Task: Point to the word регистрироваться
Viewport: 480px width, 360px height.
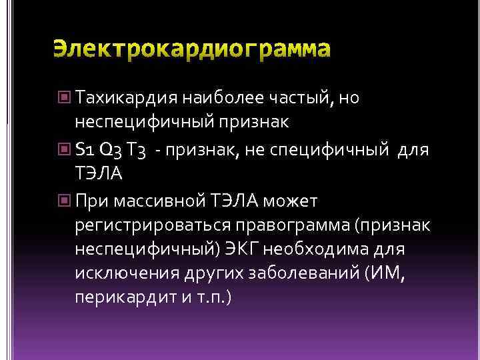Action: point(153,226)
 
